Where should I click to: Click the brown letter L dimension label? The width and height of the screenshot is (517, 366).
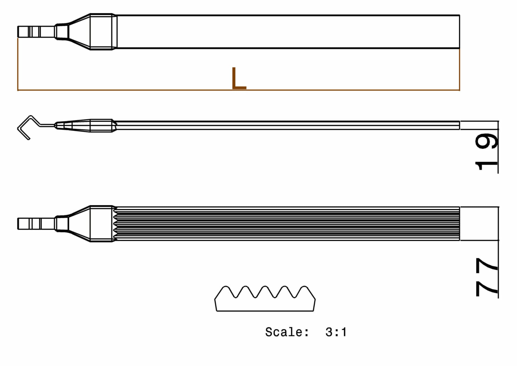(x=239, y=78)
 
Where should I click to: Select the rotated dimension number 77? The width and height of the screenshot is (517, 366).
(x=486, y=277)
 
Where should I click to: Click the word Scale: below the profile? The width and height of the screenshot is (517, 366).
(x=287, y=332)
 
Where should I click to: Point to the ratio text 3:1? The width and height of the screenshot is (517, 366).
(x=336, y=332)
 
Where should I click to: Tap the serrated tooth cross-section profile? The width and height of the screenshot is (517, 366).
(x=265, y=298)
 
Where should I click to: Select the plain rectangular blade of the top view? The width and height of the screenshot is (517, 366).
(x=288, y=32)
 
